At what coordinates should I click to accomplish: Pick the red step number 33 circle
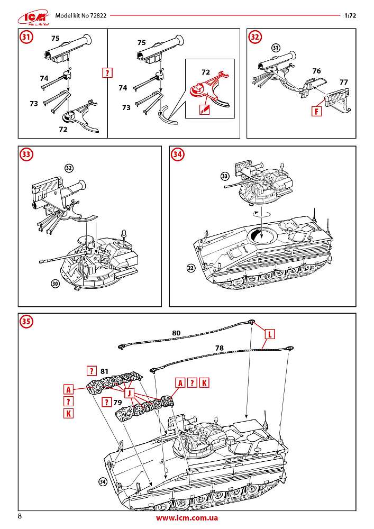tap(26, 154)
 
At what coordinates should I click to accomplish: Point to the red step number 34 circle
tap(177, 154)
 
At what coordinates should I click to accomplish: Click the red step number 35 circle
tap(26, 321)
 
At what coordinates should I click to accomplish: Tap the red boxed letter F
tap(316, 112)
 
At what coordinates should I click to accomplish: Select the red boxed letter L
tap(269, 334)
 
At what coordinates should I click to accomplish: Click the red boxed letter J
tap(128, 393)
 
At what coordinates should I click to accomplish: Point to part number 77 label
tap(343, 82)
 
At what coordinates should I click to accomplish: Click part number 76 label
tap(316, 70)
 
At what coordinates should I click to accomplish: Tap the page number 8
tap(20, 516)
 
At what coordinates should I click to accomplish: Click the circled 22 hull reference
tap(191, 268)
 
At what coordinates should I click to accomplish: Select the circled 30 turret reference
tap(54, 284)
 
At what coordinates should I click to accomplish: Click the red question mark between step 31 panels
tap(107, 73)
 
